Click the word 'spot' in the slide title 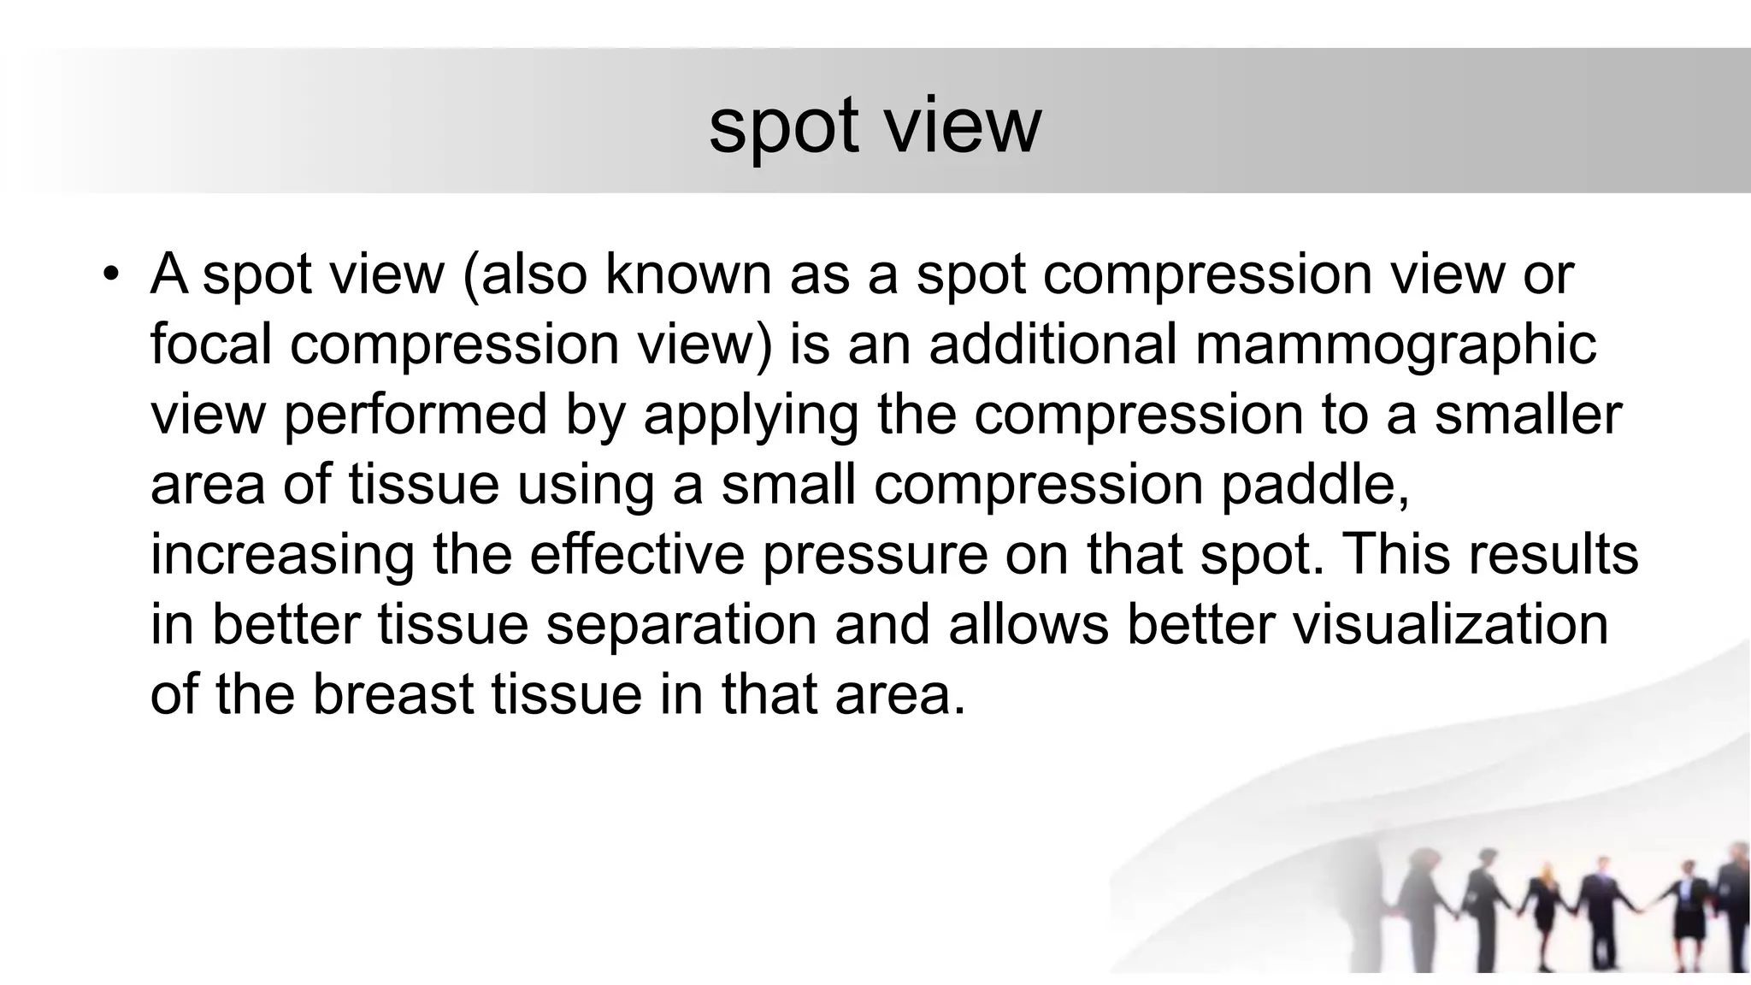point(782,127)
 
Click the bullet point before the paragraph point(109,274)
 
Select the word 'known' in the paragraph point(687,274)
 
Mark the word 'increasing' point(282,556)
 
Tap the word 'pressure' point(874,556)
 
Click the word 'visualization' point(1450,624)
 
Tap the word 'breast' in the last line point(392,694)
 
